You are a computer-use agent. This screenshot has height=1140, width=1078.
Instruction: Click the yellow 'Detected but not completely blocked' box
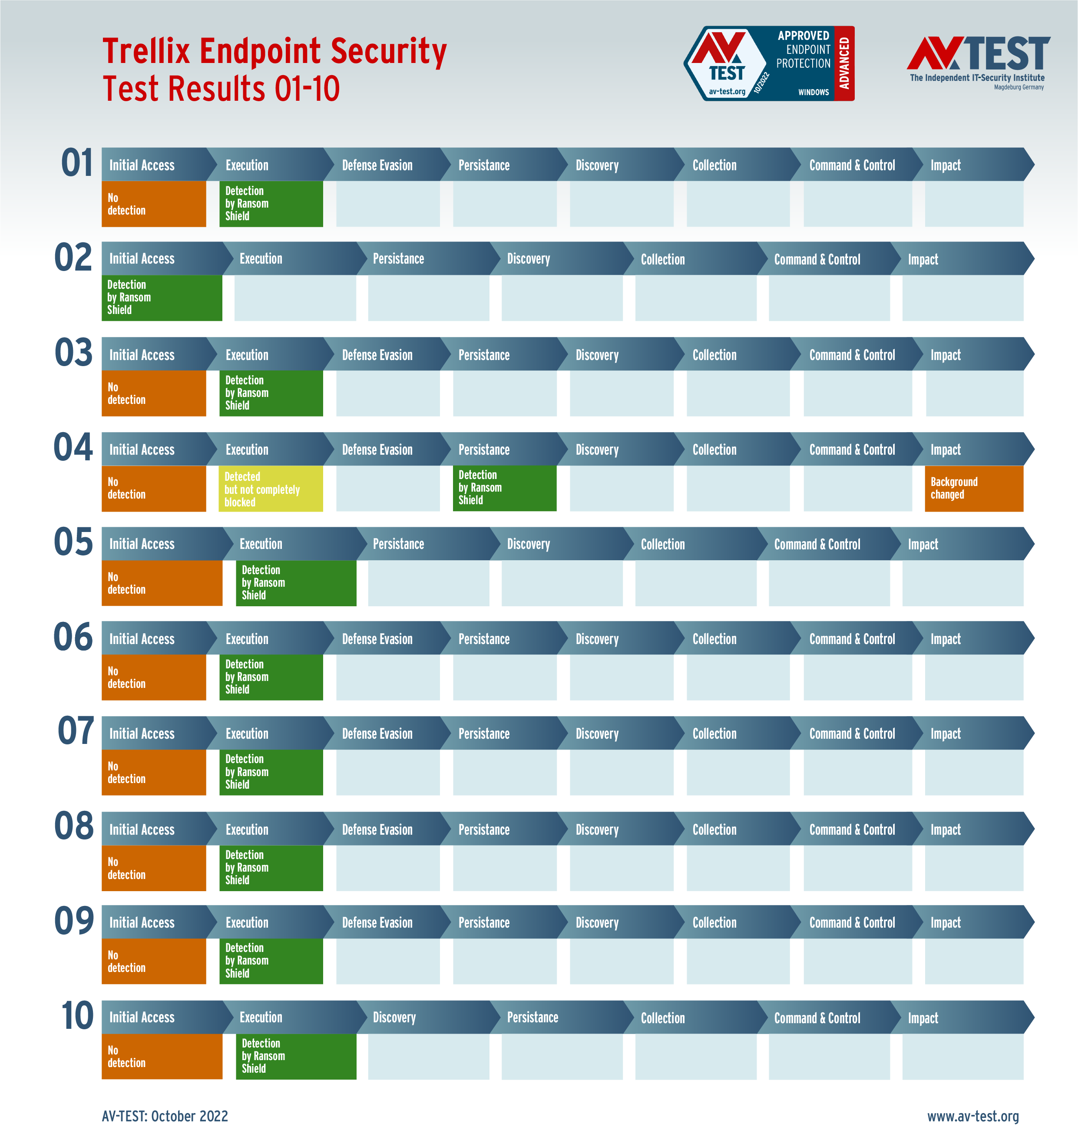pos(271,489)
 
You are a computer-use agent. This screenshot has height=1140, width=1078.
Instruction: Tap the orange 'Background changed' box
pos(973,489)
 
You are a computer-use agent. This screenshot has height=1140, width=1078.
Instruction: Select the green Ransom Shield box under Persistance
pos(504,488)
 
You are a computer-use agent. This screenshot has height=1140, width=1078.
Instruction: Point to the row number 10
pos(77,1016)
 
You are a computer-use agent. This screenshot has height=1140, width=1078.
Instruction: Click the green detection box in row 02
pos(162,297)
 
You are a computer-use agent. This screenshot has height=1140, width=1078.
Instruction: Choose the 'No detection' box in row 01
pos(153,204)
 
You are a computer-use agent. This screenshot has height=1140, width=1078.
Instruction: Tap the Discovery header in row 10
pos(394,1018)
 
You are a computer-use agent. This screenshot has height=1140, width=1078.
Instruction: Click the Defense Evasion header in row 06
pos(377,639)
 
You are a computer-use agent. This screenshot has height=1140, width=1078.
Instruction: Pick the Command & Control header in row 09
pos(852,923)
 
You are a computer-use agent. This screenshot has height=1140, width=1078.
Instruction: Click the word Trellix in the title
pos(146,51)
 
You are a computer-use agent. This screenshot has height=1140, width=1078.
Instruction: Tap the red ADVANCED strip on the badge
pos(843,63)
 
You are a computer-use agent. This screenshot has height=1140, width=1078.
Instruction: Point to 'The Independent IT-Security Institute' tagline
pos(977,78)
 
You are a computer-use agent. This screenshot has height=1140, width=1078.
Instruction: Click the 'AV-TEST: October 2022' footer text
pos(165,1116)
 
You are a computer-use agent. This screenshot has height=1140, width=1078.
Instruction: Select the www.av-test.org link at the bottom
pos(973,1116)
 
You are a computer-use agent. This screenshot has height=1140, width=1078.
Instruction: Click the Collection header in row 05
pos(662,544)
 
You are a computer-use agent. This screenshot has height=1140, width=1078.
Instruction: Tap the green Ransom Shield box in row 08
pos(271,868)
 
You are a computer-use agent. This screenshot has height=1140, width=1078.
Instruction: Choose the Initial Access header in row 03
pos(142,355)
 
